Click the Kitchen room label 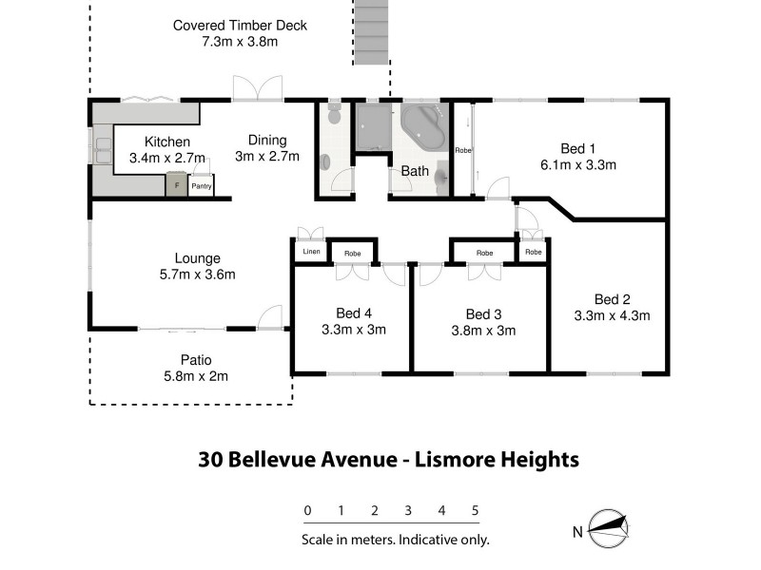[x=167, y=142]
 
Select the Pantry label [x=201, y=187]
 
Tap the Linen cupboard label [x=310, y=252]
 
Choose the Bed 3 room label [x=482, y=314]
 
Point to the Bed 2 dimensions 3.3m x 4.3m [x=612, y=314]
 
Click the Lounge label [x=198, y=257]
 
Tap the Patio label [x=196, y=359]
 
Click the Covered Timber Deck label [x=240, y=25]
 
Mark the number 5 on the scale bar [x=475, y=510]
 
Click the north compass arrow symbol [x=609, y=525]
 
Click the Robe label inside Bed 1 [x=462, y=151]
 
